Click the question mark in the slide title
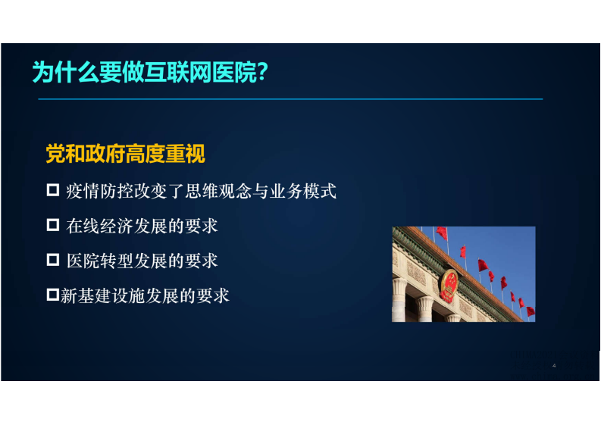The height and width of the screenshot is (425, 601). tap(261, 73)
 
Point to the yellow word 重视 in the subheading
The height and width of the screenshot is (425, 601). tap(187, 155)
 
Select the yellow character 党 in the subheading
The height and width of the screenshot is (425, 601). tap(55, 155)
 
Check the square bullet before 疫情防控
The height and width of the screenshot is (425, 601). tap(53, 189)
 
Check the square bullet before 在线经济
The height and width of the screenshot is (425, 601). tap(53, 225)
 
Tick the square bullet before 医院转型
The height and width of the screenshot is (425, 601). tap(53, 260)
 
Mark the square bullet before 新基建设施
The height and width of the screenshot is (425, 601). tap(53, 295)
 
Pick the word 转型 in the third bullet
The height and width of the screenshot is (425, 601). tap(113, 261)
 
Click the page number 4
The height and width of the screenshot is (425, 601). tap(554, 366)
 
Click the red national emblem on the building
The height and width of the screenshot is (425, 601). tap(449, 285)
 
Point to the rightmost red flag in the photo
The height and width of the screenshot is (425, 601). tap(530, 311)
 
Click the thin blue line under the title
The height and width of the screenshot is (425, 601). tap(288, 99)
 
